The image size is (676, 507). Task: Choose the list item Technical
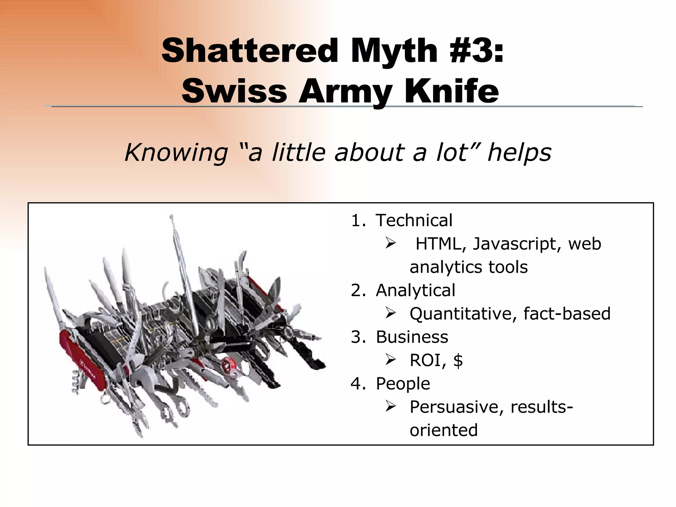click(x=414, y=220)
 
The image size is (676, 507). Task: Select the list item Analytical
click(x=415, y=290)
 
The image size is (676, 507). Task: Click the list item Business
click(x=412, y=337)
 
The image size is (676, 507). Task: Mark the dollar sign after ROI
click(x=458, y=360)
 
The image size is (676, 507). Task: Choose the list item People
click(x=403, y=384)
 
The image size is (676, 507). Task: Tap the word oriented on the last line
click(x=444, y=430)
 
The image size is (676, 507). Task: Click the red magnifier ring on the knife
click(x=228, y=365)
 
